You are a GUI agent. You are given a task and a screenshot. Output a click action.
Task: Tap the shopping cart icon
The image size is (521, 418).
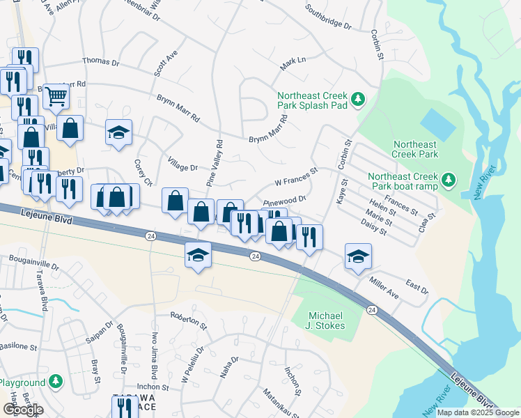pyautogui.click(x=56, y=95)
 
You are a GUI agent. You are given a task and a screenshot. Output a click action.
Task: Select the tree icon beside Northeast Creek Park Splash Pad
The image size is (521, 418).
pyautogui.click(x=358, y=100)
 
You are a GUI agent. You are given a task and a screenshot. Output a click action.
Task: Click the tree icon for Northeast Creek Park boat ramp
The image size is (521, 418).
pyautogui.click(x=450, y=181)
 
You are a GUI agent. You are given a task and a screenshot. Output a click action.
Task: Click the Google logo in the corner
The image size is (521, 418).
pyautogui.click(x=23, y=409)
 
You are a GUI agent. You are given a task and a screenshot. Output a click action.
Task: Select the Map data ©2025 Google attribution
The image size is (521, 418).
pyautogui.click(x=478, y=412)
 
